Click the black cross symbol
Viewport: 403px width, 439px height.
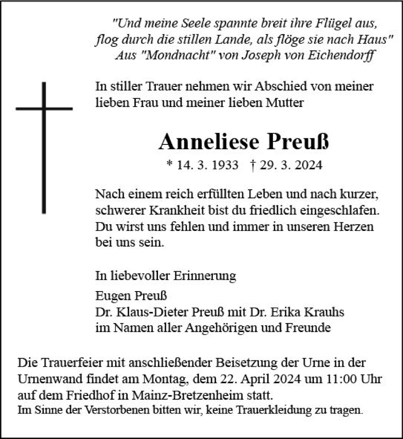[x=44, y=132]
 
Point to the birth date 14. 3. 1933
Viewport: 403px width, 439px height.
[x=208, y=166]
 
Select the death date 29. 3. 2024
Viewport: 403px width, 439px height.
[x=291, y=166]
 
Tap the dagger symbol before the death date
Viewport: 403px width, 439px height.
[x=252, y=165]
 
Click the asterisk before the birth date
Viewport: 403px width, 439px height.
[x=170, y=165]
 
